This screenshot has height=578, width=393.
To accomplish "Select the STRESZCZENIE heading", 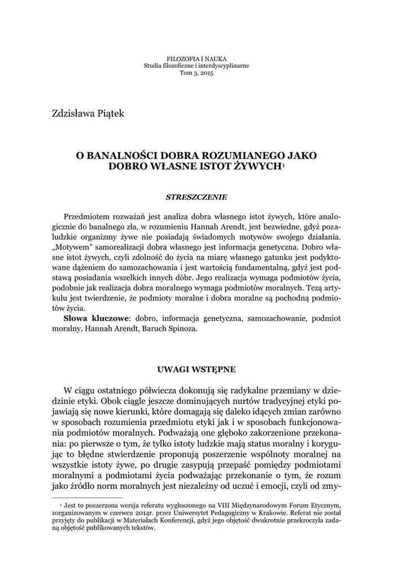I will coord(197,198).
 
